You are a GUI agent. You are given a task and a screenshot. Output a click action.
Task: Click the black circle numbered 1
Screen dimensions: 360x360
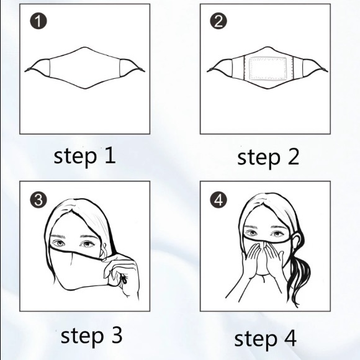(38, 21)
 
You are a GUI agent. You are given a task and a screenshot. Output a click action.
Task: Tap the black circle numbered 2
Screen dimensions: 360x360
(218, 21)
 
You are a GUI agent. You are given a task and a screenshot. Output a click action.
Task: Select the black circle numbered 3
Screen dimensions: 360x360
(38, 199)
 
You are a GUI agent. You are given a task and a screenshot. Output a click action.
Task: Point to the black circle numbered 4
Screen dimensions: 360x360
(218, 199)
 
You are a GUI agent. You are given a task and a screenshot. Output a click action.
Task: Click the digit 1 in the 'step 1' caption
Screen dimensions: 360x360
(110, 156)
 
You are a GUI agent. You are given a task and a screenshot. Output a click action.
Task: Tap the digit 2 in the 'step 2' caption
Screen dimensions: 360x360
(293, 156)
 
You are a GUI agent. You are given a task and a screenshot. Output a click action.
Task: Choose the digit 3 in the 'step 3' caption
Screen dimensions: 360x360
(117, 335)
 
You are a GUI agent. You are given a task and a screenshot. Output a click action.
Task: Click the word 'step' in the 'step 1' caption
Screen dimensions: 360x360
(74, 157)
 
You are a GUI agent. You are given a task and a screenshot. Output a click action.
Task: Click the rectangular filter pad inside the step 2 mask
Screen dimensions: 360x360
(268, 68)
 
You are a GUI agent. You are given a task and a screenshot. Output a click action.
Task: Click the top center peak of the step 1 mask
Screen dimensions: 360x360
(84, 47)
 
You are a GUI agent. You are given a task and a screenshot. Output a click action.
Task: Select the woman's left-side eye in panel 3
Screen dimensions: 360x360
(58, 243)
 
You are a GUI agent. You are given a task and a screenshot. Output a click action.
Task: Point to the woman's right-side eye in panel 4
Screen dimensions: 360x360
(278, 233)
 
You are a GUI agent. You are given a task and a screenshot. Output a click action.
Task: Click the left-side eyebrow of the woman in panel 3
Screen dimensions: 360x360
(58, 236)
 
